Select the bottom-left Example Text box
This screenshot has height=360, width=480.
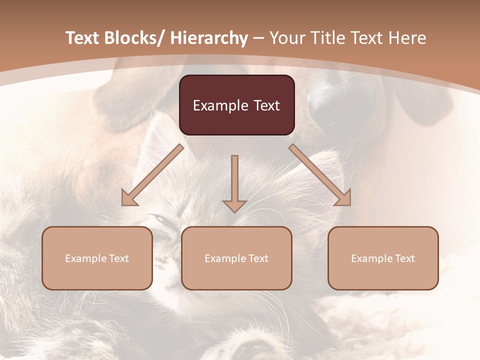(97, 258)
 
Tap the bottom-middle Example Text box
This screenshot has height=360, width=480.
(236, 258)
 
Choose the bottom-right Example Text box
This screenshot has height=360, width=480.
(383, 258)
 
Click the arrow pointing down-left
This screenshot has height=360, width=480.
(152, 175)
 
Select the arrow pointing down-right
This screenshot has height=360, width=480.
(320, 175)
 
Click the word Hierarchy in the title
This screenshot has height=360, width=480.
(209, 38)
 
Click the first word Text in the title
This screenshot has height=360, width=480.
(83, 38)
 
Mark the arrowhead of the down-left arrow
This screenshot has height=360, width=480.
(129, 199)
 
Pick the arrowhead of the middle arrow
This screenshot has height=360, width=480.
(234, 205)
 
